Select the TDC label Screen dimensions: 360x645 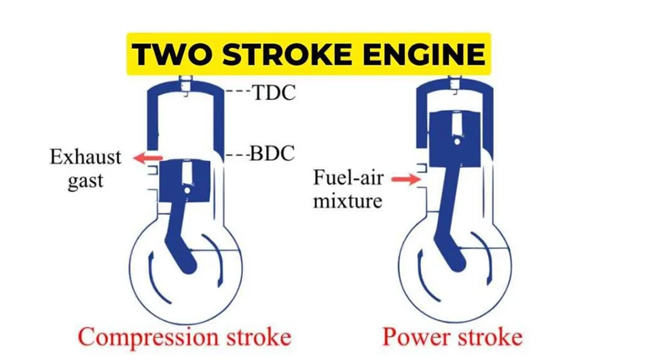coord(274,92)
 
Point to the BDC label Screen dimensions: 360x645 coord(272,154)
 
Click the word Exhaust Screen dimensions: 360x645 coord(86,158)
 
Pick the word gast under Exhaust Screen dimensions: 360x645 coord(86,181)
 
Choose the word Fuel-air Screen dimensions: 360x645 coord(348,179)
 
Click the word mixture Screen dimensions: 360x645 coord(348,201)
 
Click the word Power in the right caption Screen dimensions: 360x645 coord(416,338)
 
